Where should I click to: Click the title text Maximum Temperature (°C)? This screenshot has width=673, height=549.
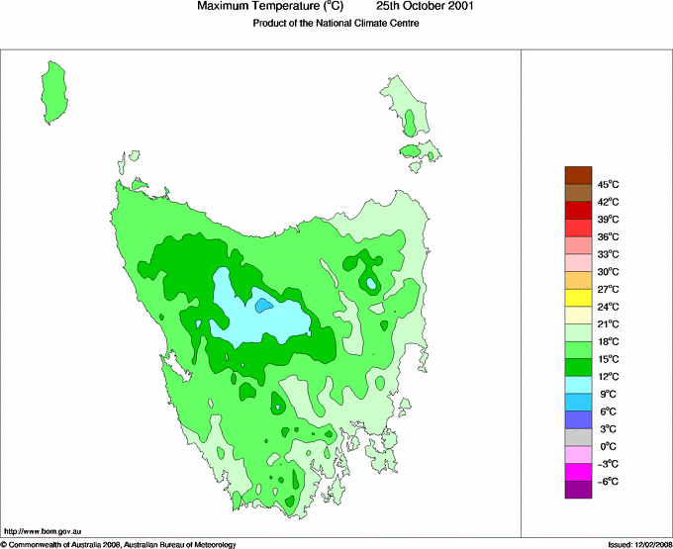pyautogui.click(x=269, y=7)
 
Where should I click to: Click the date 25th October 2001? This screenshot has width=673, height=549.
pyautogui.click(x=426, y=7)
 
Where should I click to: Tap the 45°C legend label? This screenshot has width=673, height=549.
pyautogui.click(x=608, y=184)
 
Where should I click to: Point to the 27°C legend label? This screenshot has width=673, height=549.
pyautogui.click(x=608, y=289)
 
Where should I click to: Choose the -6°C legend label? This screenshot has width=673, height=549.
pyautogui.click(x=608, y=481)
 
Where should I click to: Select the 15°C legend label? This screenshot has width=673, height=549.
pyautogui.click(x=608, y=359)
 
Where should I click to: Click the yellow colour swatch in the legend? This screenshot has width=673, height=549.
pyautogui.click(x=578, y=298)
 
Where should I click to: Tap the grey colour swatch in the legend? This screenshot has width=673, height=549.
pyautogui.click(x=578, y=437)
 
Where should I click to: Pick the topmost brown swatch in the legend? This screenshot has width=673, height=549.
pyautogui.click(x=578, y=175)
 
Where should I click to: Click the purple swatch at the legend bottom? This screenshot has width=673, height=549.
pyautogui.click(x=578, y=489)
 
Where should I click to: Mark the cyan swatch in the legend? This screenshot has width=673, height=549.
pyautogui.click(x=578, y=385)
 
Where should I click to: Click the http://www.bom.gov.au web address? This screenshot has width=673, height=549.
pyautogui.click(x=42, y=530)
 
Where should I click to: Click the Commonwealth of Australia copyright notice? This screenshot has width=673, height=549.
pyautogui.click(x=119, y=544)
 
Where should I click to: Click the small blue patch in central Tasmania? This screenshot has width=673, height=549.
pyautogui.click(x=263, y=306)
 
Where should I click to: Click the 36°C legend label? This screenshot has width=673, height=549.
pyautogui.click(x=608, y=236)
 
